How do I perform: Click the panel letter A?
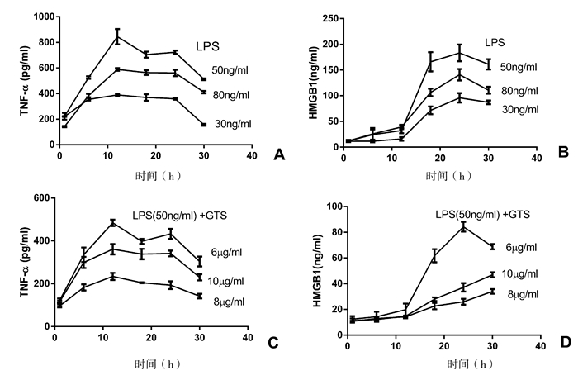click(x=277, y=153)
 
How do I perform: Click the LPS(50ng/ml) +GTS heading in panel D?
click(x=482, y=215)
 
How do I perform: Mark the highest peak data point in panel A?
click(x=117, y=36)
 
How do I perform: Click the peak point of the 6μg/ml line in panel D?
click(x=463, y=227)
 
